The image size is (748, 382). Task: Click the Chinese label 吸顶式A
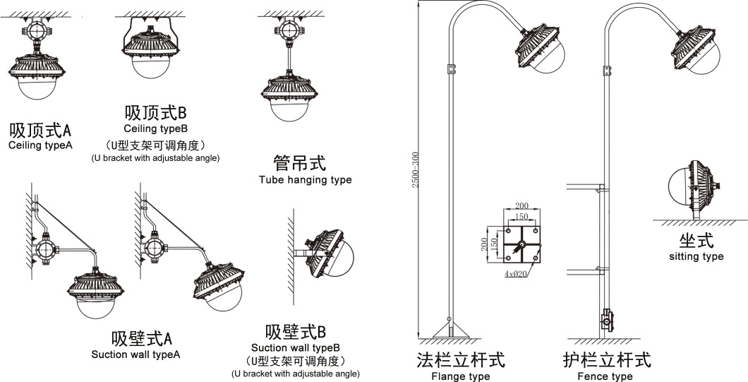point(41,131)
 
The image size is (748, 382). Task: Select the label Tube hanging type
point(305,180)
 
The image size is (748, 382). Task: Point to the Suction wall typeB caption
point(296,348)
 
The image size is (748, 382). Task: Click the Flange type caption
point(460,376)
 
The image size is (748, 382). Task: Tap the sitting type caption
point(696,256)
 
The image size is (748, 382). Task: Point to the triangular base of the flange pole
point(452,329)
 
